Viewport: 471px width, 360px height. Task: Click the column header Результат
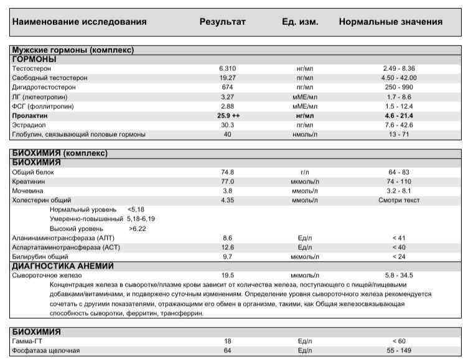[x=222, y=22]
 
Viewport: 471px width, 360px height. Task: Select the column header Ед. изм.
[x=300, y=22]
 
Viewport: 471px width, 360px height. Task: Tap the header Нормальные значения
[x=390, y=22]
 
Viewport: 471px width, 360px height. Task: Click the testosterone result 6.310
[x=227, y=68]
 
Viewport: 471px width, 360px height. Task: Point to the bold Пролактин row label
[x=30, y=116]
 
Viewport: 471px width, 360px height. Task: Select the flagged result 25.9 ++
[x=229, y=116]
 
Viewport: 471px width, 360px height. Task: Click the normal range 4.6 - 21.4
[x=399, y=116]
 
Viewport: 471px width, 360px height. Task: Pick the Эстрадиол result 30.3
[x=227, y=125]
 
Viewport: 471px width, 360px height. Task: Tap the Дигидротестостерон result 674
[x=227, y=88]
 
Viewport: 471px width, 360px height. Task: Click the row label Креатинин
[x=27, y=182]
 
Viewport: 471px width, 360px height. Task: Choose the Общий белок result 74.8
[x=227, y=172]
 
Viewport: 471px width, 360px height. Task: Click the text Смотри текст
[x=399, y=200]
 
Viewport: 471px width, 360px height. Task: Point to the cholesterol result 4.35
[x=227, y=200]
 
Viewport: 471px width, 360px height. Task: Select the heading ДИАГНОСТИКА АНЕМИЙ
[x=63, y=266]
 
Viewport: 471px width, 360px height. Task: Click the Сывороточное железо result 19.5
[x=227, y=275]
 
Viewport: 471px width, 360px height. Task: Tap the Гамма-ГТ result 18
[x=227, y=341]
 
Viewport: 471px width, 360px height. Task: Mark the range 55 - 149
[x=399, y=351]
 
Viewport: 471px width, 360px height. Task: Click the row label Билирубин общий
[x=40, y=256]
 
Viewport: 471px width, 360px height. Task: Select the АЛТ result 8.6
[x=227, y=238]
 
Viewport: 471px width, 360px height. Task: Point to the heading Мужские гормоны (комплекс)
[x=74, y=50]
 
